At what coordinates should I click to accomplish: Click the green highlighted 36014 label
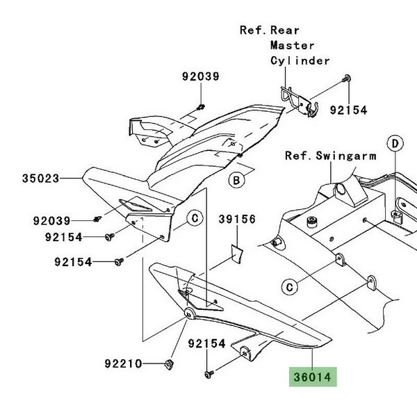point(312,377)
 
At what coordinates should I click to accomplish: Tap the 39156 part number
point(238,220)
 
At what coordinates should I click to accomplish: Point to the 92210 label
point(124,363)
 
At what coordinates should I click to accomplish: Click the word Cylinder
point(300,60)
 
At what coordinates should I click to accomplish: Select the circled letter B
point(237,181)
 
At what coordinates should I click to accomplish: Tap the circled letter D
point(395,144)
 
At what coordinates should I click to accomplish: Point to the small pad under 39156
point(236,253)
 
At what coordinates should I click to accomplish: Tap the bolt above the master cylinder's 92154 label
point(345,82)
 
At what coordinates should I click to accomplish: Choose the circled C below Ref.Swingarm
point(291,286)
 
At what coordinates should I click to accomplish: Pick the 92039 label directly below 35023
point(51,221)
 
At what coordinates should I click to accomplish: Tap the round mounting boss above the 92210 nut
point(189,314)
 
